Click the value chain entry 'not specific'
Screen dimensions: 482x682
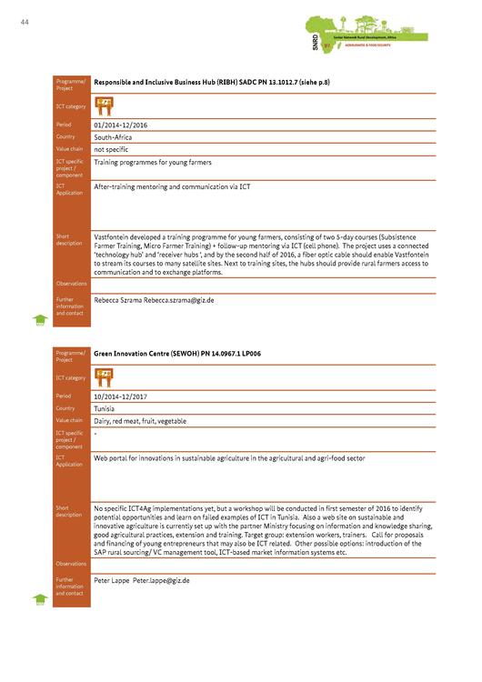click(112, 148)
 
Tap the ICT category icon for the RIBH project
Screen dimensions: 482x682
click(104, 104)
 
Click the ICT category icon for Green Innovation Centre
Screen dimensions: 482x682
click(104, 376)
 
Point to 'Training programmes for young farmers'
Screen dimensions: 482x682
click(152, 162)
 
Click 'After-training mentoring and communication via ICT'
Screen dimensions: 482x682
click(171, 186)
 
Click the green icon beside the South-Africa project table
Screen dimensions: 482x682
click(40, 319)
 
